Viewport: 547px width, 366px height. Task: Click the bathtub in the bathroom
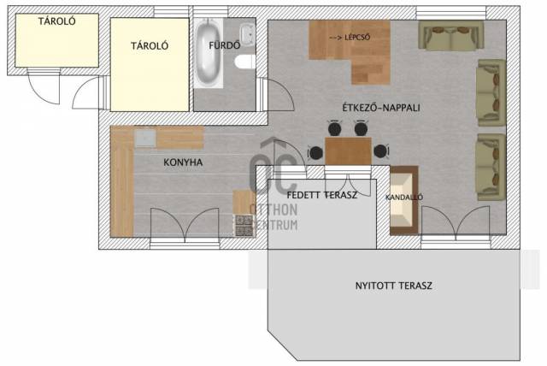[209, 53]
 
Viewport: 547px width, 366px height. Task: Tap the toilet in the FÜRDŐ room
[244, 62]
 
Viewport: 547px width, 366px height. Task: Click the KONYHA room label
[183, 162]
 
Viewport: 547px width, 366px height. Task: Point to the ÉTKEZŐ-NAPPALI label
[381, 108]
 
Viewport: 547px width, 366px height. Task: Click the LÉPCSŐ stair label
[357, 38]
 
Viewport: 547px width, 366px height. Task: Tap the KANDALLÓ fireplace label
[404, 198]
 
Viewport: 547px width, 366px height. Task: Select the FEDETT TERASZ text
[321, 195]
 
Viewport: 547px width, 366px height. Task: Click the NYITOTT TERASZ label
[393, 286]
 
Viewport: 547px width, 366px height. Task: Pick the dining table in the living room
[348, 151]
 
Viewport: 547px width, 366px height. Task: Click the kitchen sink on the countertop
[145, 139]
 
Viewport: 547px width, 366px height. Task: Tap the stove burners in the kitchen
[244, 226]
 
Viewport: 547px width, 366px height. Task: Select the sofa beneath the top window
[450, 36]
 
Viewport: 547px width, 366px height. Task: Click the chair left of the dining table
[315, 152]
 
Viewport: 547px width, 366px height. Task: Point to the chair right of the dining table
[380, 151]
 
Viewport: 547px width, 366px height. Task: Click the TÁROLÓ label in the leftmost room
[57, 21]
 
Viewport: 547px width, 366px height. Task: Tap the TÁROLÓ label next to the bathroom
[150, 45]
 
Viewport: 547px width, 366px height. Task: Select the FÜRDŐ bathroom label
[224, 45]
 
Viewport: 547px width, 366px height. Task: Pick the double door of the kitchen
[185, 223]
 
